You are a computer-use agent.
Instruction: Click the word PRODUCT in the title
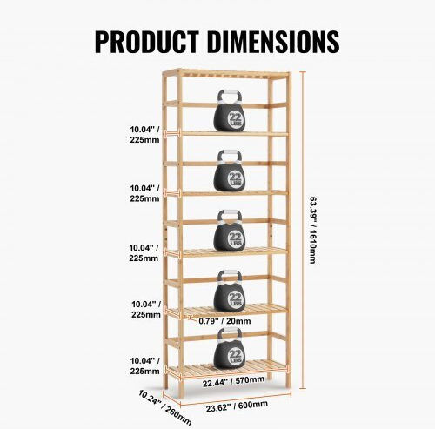(147, 42)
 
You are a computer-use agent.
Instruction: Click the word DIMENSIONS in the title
(273, 42)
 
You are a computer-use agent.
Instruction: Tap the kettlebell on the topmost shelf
(230, 111)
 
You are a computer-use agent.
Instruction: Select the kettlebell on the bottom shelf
(230, 348)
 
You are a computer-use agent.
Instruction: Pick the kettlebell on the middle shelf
(230, 231)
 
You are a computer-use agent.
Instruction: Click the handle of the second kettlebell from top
(230, 157)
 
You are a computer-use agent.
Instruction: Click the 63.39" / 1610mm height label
(312, 231)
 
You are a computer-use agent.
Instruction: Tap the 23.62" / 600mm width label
(237, 406)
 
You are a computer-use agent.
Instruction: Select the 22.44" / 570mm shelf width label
(233, 381)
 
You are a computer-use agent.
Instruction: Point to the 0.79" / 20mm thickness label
(224, 321)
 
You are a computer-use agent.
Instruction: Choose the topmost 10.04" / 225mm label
(144, 135)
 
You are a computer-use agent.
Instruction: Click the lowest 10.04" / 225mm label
(144, 366)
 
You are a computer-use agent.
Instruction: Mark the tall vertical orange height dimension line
(304, 230)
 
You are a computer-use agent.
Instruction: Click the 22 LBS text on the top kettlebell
(236, 120)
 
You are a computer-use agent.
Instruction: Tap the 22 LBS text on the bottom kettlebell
(235, 356)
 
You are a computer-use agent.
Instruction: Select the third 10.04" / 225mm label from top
(144, 253)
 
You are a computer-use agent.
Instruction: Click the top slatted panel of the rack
(226, 74)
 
